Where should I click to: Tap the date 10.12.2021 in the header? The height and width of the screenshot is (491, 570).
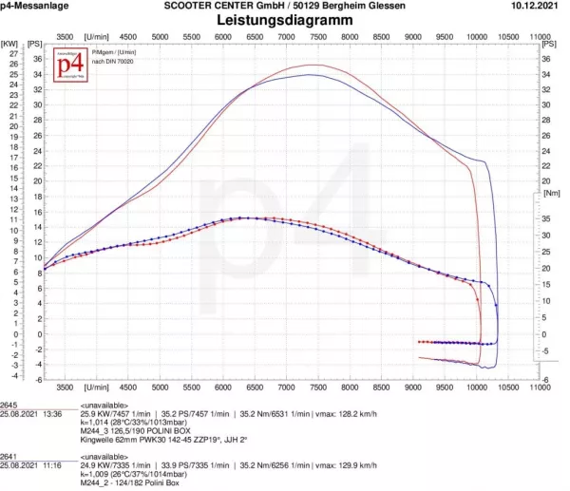click(538, 6)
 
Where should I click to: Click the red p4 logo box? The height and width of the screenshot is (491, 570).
click(68, 66)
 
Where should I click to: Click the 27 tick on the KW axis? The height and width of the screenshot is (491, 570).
click(13, 54)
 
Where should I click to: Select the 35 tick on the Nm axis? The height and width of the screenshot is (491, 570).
click(546, 217)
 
